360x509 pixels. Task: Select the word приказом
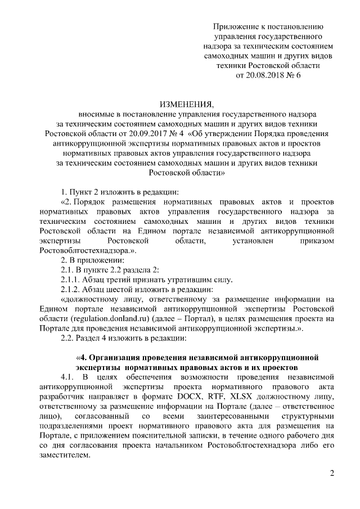click(x=317, y=240)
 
